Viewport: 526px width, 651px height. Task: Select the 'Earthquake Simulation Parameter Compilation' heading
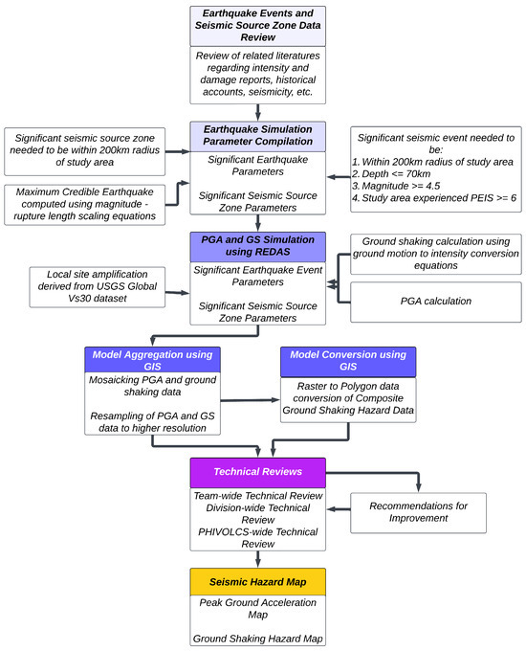(x=258, y=135)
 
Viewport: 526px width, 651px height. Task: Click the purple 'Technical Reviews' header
(x=258, y=472)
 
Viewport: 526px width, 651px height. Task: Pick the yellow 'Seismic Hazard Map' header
(x=258, y=583)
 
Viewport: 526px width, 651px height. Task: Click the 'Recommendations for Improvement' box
(x=418, y=510)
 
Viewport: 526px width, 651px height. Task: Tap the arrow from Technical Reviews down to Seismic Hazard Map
(x=258, y=559)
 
